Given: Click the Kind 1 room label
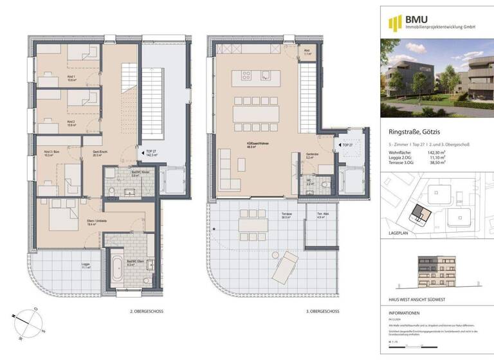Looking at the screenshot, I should pyautogui.click(x=71, y=80).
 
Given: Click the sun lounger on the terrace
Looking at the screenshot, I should pyautogui.click(x=286, y=262).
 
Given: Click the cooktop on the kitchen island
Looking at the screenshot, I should pyautogui.click(x=247, y=75).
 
